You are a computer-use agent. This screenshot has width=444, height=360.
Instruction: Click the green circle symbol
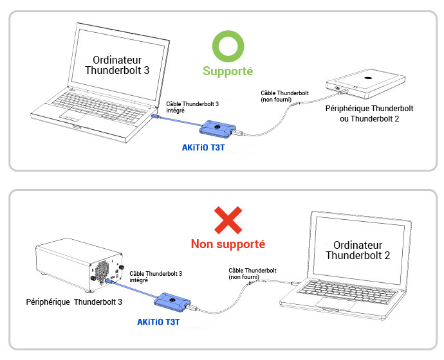228,33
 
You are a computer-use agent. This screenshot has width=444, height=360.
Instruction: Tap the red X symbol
228,221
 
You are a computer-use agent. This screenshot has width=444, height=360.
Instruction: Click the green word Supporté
228,71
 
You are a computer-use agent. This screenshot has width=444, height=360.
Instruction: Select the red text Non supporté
228,244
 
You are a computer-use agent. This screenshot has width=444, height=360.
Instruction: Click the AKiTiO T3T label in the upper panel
203,147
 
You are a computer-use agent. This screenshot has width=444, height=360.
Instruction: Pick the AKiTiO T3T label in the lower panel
158,322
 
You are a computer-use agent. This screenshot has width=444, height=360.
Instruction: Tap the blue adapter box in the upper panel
217,129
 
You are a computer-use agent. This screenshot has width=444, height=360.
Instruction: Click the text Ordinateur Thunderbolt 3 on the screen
117,65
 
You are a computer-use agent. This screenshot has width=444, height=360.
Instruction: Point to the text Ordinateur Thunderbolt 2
358,250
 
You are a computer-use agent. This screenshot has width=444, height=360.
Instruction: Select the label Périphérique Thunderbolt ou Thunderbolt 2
369,113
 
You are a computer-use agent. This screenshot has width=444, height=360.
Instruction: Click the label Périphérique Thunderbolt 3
74,301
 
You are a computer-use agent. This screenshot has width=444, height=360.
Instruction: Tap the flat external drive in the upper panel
365,84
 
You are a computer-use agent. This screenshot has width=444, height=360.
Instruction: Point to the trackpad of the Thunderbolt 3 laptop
74,115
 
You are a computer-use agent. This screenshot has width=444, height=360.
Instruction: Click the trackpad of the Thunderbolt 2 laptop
336,303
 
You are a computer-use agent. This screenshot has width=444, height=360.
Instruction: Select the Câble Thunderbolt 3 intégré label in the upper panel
192,107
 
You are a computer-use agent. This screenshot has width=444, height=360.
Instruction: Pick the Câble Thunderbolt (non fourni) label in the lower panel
253,274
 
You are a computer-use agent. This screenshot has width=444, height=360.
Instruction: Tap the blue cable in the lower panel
133,289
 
